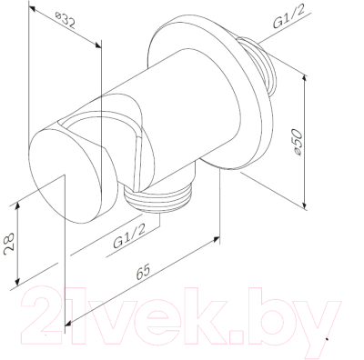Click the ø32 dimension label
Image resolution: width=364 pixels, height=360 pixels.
[66, 20]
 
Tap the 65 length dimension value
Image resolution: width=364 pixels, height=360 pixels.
[143, 272]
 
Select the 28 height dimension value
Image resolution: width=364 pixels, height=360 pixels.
[8, 244]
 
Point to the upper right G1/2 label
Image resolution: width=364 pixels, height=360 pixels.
[288, 17]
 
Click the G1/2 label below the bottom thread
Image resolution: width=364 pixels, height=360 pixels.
[129, 237]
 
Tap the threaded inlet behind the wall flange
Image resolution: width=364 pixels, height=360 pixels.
[260, 65]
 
